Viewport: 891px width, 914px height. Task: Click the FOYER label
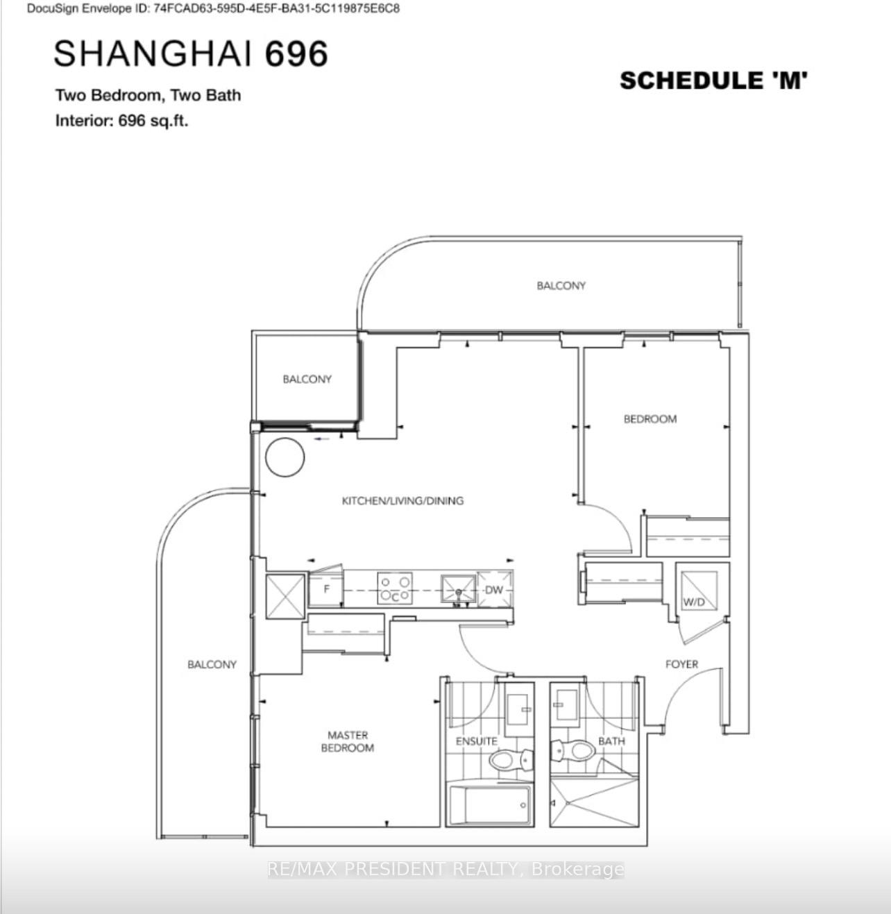[x=681, y=664]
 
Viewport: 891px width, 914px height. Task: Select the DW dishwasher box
[x=495, y=589]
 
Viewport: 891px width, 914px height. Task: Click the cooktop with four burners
[x=395, y=588]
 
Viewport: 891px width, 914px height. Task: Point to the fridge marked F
[x=326, y=589]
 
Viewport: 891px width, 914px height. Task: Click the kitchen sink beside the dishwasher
[x=458, y=589]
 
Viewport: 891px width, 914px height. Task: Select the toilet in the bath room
[x=572, y=750]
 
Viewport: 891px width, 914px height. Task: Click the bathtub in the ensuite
[x=490, y=804]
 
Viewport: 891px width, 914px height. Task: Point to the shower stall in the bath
[x=594, y=803]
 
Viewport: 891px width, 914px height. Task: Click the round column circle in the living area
[x=285, y=457]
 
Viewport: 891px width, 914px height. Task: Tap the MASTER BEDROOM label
[x=348, y=741]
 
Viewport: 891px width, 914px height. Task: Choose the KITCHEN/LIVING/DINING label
[x=402, y=500]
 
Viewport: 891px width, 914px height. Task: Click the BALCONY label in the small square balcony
[x=307, y=379]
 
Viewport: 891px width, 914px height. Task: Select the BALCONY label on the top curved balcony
[x=561, y=285]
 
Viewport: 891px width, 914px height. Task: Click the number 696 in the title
[x=296, y=53]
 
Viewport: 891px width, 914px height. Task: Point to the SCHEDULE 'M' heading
[x=713, y=81]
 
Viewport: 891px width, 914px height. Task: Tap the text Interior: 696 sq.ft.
[x=122, y=121]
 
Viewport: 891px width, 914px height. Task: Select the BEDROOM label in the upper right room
[x=650, y=419]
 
